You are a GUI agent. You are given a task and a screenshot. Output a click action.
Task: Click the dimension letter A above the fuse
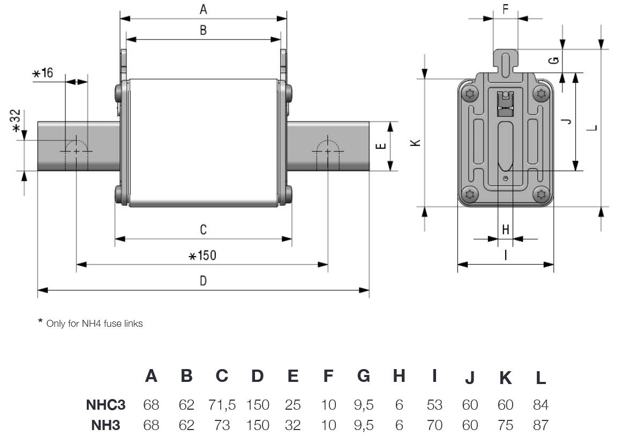click(203, 9)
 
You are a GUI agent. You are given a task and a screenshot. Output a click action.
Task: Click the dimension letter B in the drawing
click(203, 30)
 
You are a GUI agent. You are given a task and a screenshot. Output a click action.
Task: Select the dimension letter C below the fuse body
click(204, 229)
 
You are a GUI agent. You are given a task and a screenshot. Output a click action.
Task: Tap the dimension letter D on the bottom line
click(203, 281)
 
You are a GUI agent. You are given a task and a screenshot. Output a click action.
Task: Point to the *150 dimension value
click(202, 256)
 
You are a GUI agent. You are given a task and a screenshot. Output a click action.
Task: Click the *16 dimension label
click(43, 73)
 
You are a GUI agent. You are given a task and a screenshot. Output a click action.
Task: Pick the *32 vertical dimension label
click(16, 121)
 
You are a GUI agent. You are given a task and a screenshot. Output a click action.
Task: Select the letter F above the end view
click(505, 9)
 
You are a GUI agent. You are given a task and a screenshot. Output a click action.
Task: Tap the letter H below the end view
click(506, 229)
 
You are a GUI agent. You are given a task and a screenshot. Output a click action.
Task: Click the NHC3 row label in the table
click(106, 404)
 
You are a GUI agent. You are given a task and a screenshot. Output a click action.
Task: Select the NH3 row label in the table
click(106, 425)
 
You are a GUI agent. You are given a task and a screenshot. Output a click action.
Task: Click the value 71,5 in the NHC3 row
click(222, 405)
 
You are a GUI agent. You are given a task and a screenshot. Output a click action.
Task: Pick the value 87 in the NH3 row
click(541, 425)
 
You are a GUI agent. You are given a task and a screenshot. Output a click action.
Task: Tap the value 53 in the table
click(434, 405)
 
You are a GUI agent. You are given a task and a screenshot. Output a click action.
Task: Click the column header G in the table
click(363, 376)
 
